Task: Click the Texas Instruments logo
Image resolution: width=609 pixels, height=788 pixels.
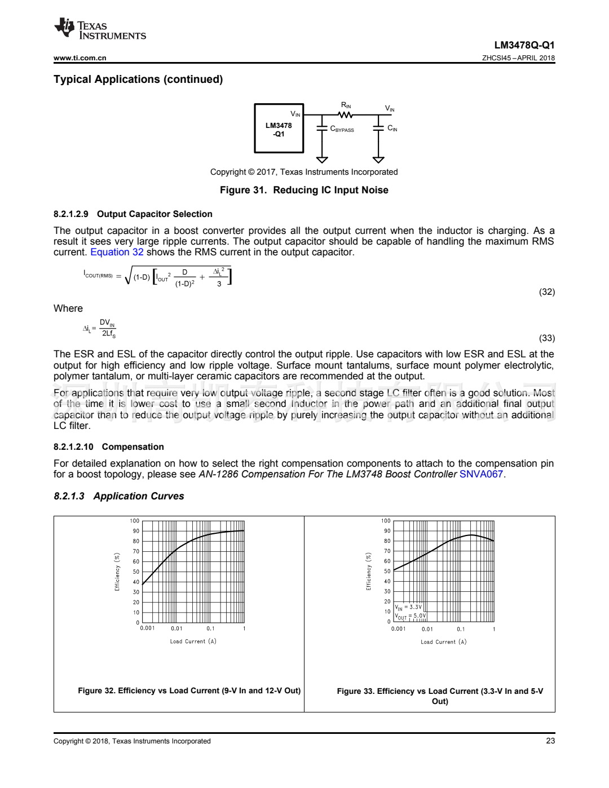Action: point(100,29)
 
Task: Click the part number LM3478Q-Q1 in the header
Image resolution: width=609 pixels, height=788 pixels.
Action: point(524,45)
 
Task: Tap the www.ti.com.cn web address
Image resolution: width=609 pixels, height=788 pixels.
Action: point(80,58)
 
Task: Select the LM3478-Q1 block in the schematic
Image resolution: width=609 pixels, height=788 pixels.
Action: point(279,129)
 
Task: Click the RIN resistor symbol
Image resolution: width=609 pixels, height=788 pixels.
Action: point(346,115)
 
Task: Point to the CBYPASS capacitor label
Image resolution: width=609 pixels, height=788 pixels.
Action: point(342,129)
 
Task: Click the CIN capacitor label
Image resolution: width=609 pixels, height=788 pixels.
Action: point(392,129)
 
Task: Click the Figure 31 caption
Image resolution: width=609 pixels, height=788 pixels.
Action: point(304,190)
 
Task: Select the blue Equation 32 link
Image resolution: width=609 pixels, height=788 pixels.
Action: point(117,252)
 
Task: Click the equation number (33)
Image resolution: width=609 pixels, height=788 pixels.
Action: point(546,338)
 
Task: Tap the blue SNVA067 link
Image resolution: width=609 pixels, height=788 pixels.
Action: point(481,474)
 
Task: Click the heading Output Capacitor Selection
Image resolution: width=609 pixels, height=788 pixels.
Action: point(155,214)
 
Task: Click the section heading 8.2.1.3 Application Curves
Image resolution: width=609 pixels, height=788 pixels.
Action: point(119,496)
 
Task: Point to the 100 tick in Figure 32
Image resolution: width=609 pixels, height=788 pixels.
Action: point(134,521)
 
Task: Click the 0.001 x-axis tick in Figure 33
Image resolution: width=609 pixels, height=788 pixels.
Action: point(398,629)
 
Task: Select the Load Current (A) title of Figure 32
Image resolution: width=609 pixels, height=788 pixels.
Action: point(193,641)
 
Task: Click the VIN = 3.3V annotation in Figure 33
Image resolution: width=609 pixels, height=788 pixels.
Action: point(408,607)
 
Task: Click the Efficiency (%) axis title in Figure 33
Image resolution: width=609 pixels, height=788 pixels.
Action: point(369,571)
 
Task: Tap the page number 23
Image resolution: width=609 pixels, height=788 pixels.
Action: point(550,741)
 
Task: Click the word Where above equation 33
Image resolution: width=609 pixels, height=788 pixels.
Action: point(68,308)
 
